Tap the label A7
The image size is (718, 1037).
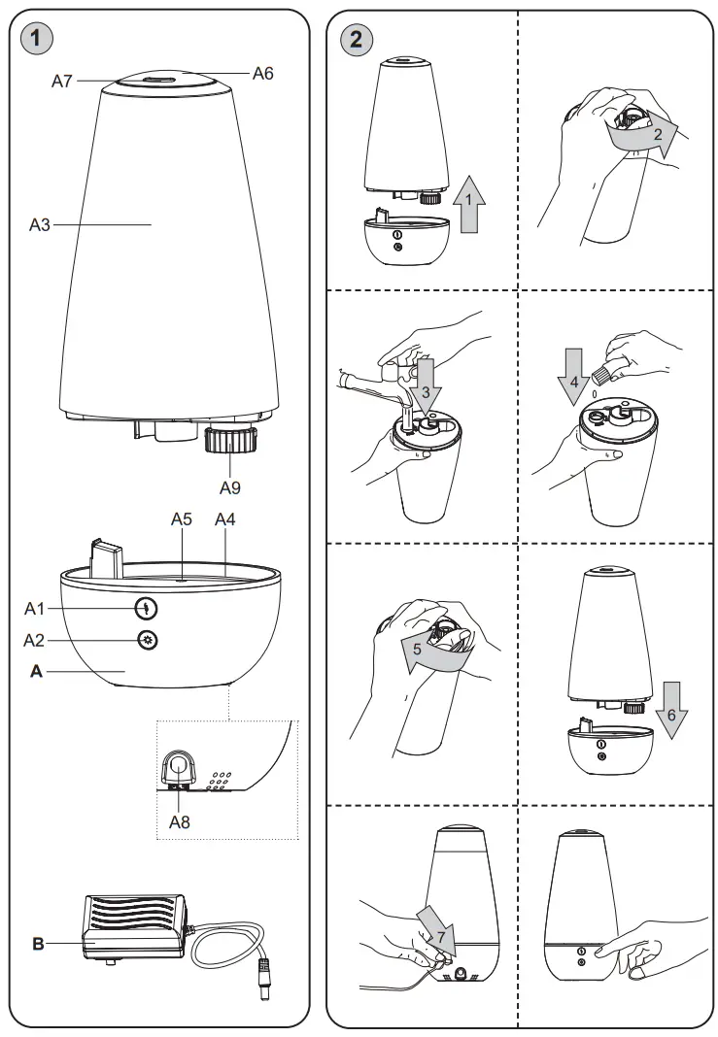pos(63,82)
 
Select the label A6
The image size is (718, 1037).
pos(264,73)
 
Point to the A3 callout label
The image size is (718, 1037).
pos(39,224)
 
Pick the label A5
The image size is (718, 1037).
pos(182,519)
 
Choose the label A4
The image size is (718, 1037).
pos(225,519)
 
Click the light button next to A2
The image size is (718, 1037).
pos(148,640)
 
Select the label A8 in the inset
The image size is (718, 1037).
pos(181,820)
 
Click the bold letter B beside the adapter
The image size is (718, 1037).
pos(38,943)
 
